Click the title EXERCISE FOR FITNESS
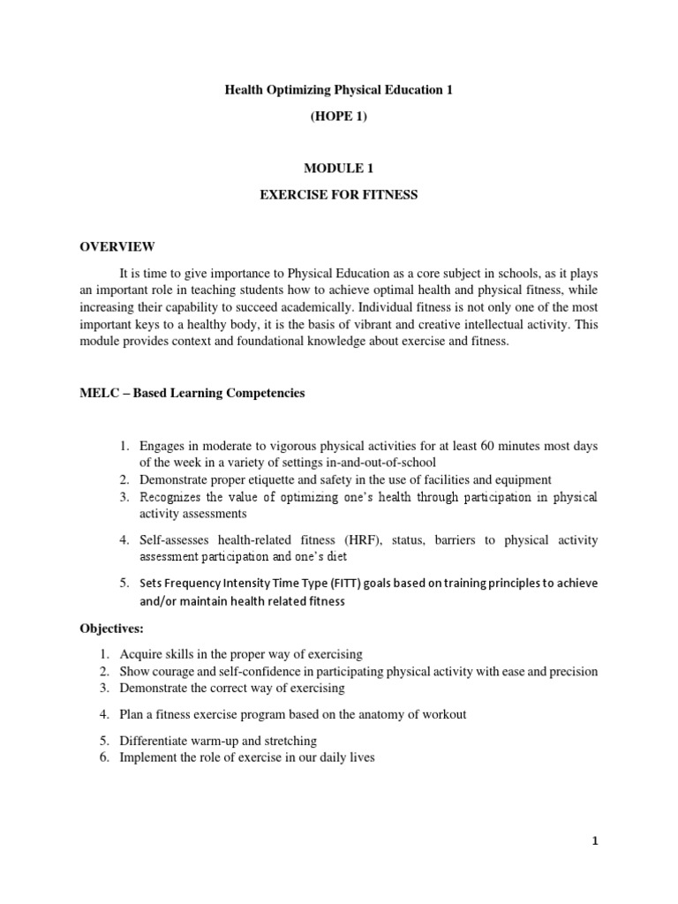point(339,195)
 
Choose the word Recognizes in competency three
point(171,498)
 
